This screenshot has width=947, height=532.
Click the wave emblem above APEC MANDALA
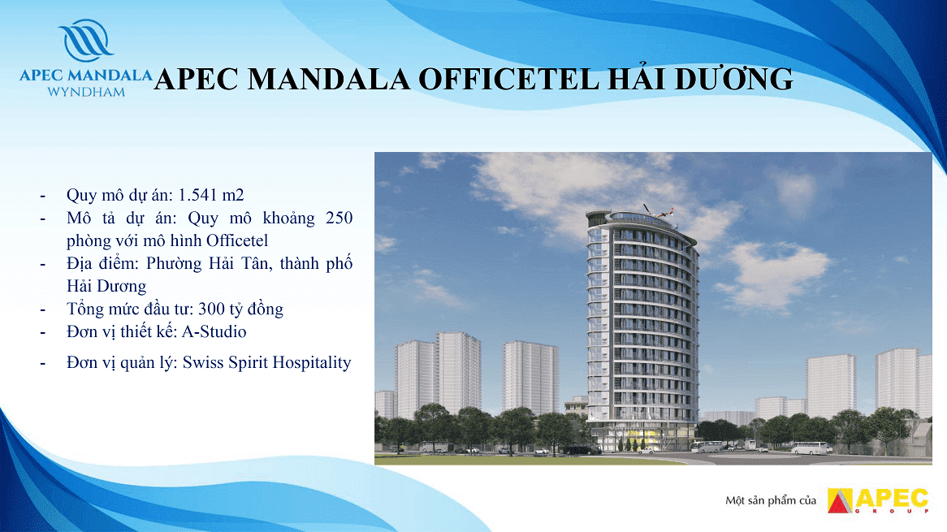pos(85,41)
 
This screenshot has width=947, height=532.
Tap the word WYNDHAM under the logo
pos(86,93)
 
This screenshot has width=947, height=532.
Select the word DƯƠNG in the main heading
pos(733,79)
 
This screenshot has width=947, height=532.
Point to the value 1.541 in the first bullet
pos(198,195)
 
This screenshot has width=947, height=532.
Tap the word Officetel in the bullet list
pos(237,240)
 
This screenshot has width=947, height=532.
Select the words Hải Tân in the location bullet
pos(236,263)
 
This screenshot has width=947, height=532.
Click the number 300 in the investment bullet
pos(211,309)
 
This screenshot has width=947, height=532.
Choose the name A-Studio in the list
pos(214,331)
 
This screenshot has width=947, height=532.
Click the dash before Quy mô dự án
pos(42,197)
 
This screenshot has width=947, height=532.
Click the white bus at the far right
pos(808,448)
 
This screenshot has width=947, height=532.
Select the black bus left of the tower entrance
pos(581,449)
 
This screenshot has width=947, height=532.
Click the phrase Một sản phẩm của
pos(771,500)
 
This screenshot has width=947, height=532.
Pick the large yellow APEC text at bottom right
pos(892,498)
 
